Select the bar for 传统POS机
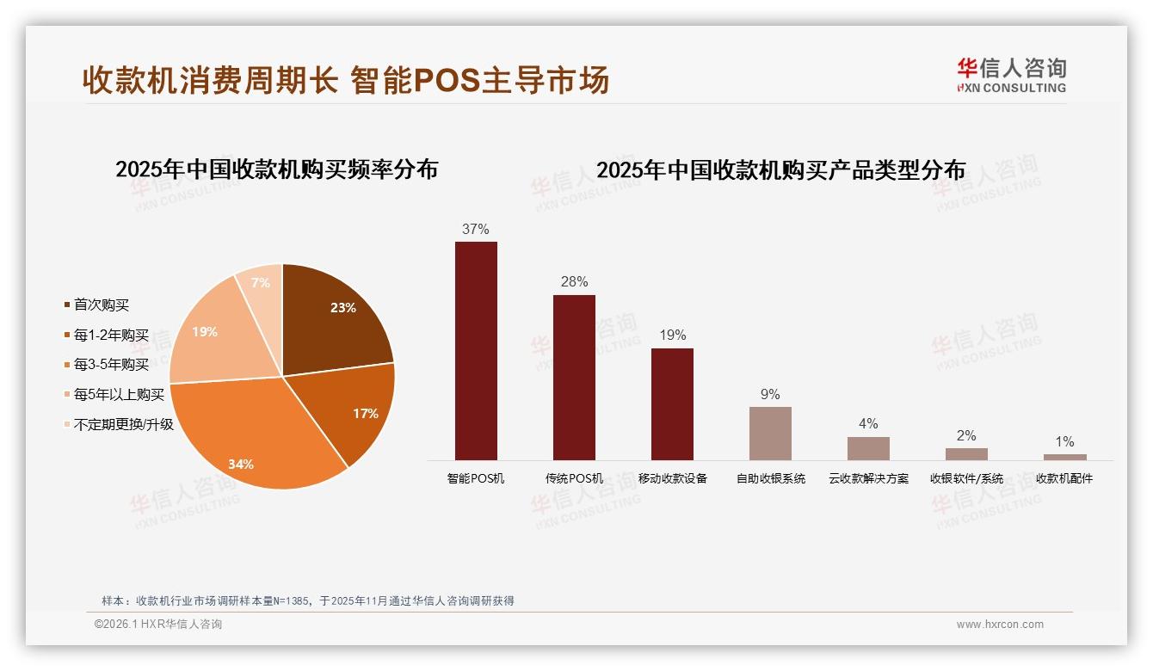point(574,378)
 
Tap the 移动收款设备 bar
point(672,404)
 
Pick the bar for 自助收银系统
point(770,434)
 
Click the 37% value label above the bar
point(475,229)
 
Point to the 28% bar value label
point(574,281)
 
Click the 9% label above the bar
point(770,394)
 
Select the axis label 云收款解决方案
point(868,478)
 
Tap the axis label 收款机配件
point(1064,478)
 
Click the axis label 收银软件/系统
point(966,478)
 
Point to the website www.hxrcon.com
point(1000,625)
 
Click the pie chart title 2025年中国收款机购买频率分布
point(276,169)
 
